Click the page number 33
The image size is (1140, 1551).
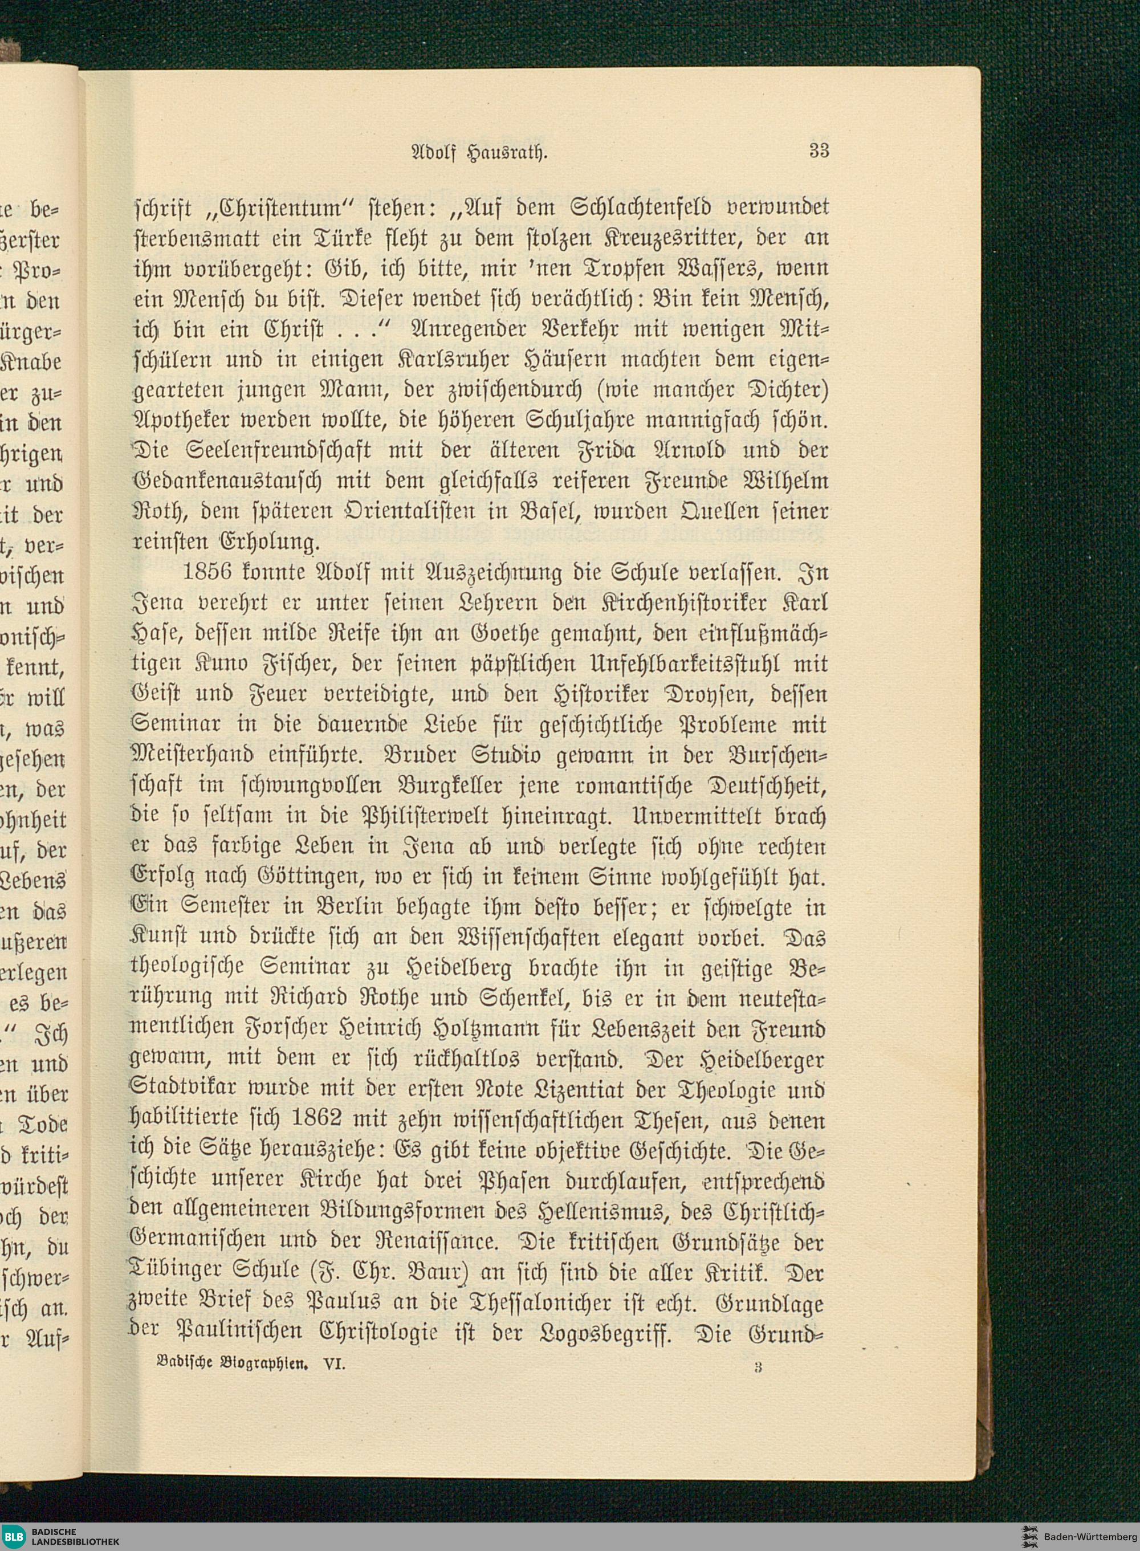(819, 150)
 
